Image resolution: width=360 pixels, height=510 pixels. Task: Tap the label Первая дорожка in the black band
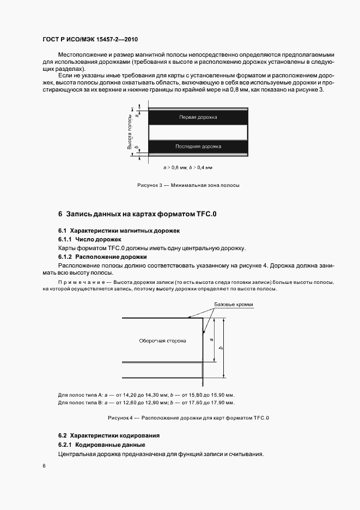point(198,117)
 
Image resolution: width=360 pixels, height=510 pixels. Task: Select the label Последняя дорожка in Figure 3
point(198,147)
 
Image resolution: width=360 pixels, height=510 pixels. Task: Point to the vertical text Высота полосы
point(130,132)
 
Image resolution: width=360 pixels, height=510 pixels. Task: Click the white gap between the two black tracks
point(198,132)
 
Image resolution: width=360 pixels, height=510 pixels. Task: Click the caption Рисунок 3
point(188,185)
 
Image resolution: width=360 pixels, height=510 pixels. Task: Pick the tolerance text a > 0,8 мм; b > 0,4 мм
point(188,168)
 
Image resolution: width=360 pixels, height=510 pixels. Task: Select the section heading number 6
point(60,214)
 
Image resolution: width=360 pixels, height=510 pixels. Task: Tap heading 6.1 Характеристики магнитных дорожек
point(123,231)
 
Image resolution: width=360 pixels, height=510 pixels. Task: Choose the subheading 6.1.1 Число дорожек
point(90,240)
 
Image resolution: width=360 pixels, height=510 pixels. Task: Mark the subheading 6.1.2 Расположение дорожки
point(102,257)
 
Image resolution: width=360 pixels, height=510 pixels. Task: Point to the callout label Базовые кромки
point(237,305)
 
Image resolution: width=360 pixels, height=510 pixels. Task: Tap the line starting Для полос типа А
point(146,394)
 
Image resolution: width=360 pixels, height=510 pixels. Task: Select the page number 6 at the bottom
point(44,466)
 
